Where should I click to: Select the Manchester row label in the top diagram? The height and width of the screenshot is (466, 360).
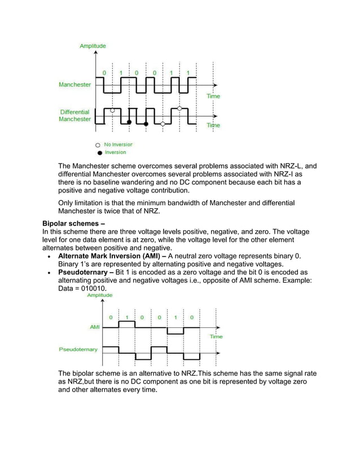point(76,85)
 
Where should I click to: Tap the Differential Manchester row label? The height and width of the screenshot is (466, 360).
point(75,116)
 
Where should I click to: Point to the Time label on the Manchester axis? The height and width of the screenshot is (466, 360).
point(213,96)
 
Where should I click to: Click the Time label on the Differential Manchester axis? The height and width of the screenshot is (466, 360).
point(213,125)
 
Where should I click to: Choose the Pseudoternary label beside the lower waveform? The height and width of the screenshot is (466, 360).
point(78,349)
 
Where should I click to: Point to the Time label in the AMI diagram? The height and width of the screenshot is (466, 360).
point(216,337)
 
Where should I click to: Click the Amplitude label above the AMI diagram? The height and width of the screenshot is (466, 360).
point(91,295)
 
